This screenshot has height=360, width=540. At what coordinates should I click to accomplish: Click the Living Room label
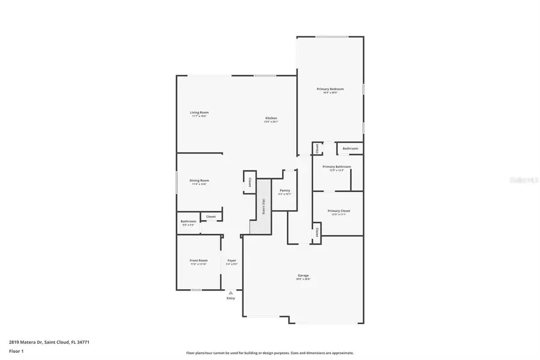click(199, 113)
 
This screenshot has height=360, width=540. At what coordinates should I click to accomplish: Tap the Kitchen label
click(271, 118)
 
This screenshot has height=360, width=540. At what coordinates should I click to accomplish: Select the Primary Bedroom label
click(330, 89)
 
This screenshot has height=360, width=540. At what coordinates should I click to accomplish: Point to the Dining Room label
click(199, 181)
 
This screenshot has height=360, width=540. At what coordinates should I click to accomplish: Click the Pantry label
click(285, 190)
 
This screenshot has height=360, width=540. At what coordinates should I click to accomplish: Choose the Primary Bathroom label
click(336, 167)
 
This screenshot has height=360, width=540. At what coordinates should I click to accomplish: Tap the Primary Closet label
click(338, 211)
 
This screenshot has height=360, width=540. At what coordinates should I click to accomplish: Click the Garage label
click(303, 276)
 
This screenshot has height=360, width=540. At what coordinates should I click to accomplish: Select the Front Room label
click(199, 260)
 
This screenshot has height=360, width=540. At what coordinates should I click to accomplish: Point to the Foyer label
click(232, 260)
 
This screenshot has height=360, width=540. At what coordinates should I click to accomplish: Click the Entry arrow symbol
click(230, 292)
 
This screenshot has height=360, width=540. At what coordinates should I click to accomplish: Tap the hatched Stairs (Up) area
click(263, 215)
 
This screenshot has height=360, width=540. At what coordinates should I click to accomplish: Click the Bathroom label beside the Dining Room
click(188, 222)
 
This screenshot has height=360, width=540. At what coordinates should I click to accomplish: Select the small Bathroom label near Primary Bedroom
click(350, 148)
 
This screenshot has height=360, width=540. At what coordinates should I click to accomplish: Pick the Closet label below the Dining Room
click(211, 217)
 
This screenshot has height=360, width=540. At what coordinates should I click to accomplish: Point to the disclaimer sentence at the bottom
click(269, 353)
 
